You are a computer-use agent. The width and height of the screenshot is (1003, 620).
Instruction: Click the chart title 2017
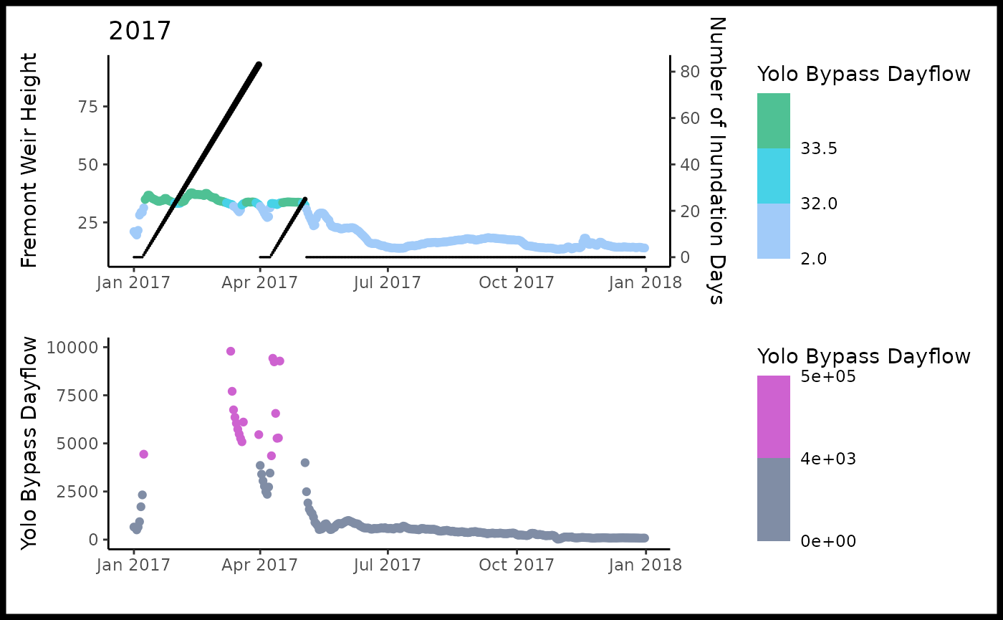coord(140,32)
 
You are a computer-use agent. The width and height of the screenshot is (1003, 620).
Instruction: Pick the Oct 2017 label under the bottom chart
coord(517,564)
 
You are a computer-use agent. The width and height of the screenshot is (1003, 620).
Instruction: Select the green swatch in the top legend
coord(774,120)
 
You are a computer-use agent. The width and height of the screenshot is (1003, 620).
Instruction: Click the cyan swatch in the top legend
coord(774,176)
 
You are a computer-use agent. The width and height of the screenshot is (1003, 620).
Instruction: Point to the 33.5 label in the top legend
coord(820,148)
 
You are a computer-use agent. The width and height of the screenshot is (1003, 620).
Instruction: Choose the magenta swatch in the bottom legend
coord(774,416)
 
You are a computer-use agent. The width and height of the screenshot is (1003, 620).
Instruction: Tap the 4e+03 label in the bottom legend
coord(828,458)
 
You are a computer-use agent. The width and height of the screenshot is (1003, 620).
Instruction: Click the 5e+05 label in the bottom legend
coord(828,376)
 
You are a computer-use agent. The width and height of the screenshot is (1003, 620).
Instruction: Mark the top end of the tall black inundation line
coord(259,65)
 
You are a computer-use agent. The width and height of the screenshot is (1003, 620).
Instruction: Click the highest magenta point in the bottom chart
coord(231,351)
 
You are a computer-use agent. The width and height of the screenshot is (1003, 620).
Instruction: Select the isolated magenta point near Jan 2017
coord(143,454)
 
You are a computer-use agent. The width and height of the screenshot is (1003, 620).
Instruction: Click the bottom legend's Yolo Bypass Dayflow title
coord(864,356)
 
